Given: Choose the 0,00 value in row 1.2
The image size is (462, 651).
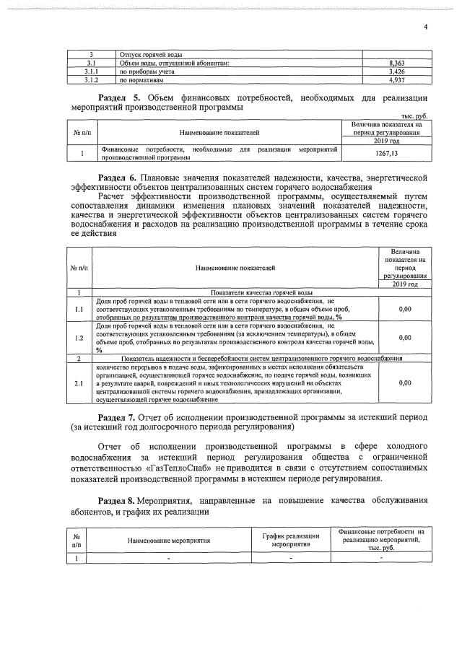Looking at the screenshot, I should coord(405,338).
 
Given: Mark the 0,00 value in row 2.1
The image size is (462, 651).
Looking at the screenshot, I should coord(405,383).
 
